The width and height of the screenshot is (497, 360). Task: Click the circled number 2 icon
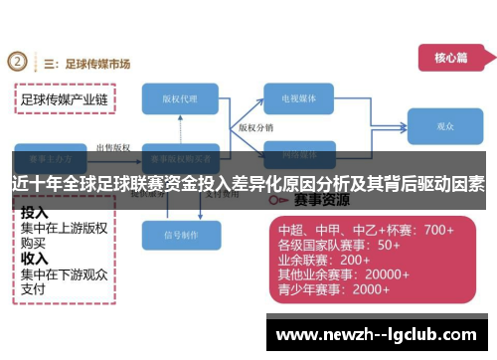click(x=18, y=63)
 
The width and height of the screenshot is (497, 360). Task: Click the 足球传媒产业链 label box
click(x=65, y=99)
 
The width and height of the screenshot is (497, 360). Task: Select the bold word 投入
click(x=35, y=212)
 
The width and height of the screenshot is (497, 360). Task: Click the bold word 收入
click(x=35, y=256)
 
